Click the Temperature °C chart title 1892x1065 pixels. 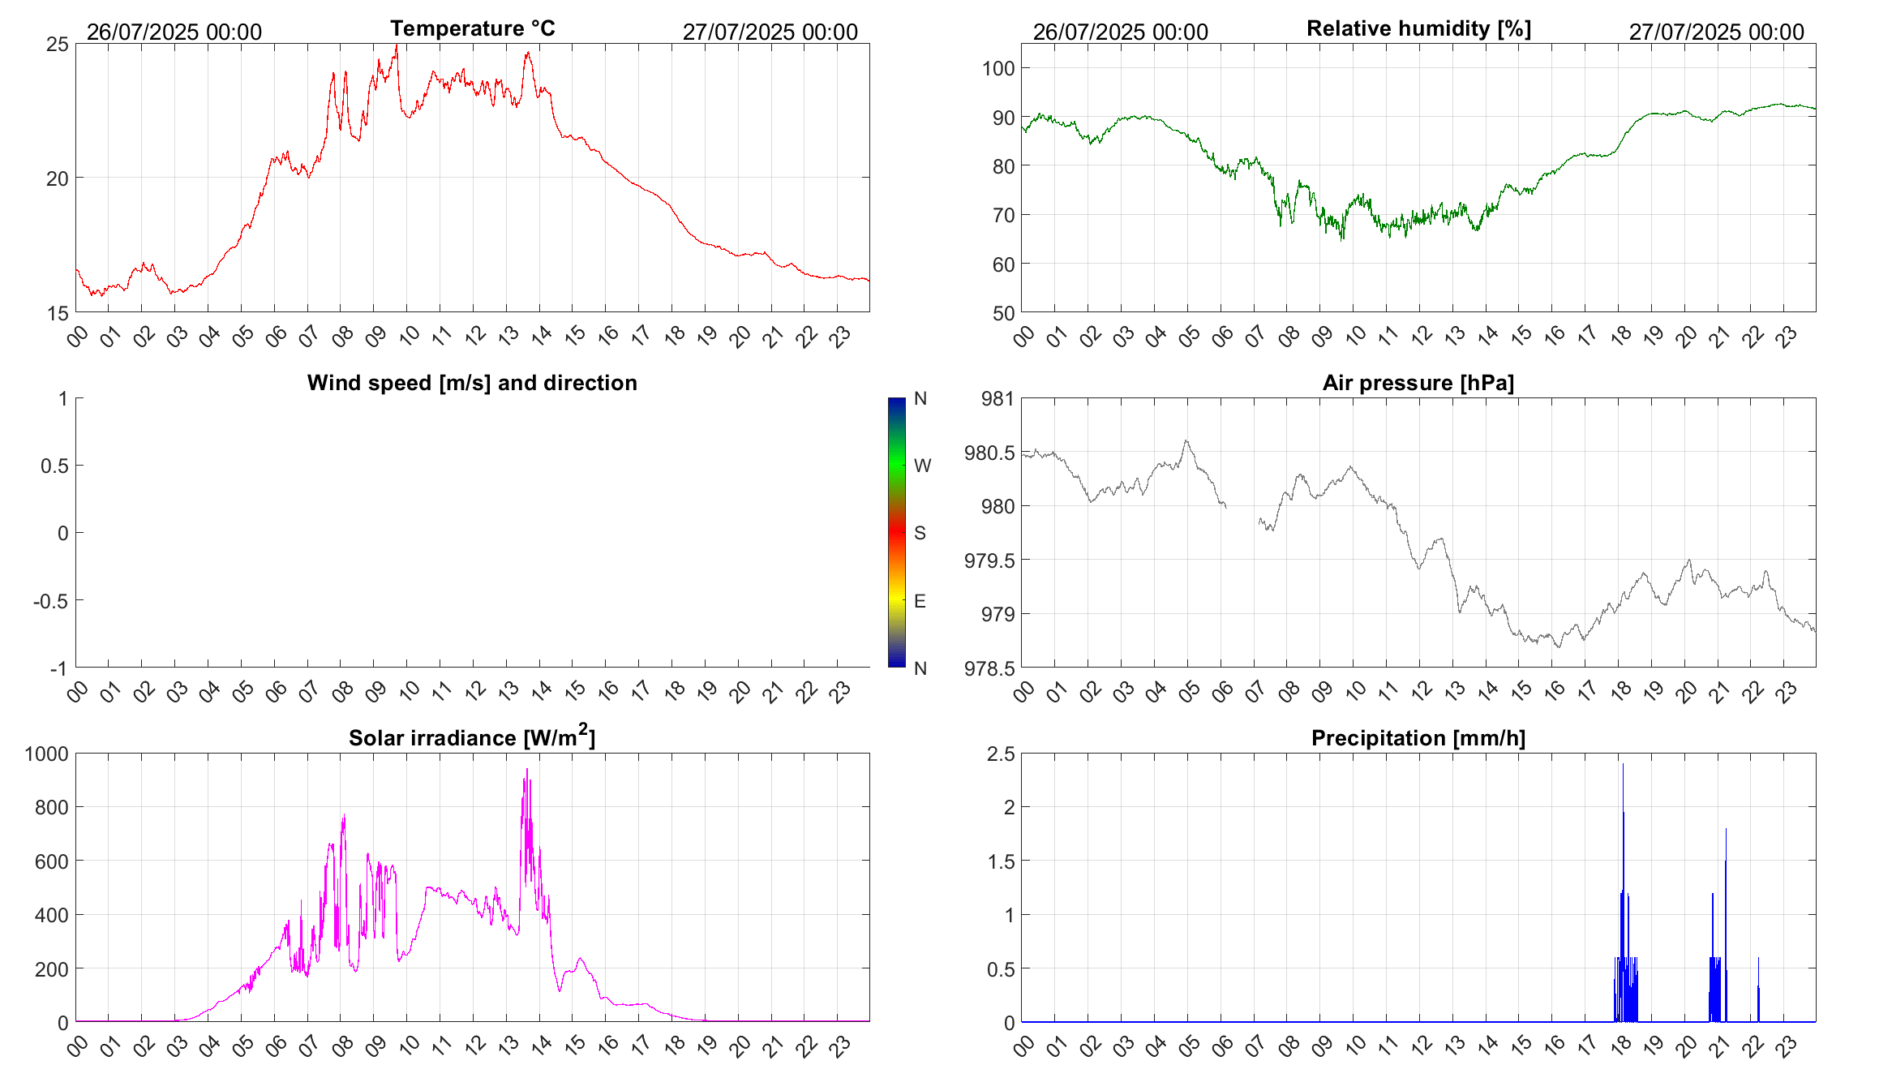472,28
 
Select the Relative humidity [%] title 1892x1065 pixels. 1418,28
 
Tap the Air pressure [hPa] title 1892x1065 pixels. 1418,383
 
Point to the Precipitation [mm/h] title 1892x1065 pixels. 1418,738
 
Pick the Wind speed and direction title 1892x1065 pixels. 472,383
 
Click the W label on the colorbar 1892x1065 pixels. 922,466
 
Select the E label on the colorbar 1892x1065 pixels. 920,601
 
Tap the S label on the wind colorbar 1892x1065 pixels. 920,533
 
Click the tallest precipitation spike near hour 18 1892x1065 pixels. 1623,766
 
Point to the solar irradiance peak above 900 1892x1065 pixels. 527,771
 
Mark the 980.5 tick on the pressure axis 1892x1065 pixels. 989,453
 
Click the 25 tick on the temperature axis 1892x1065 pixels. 58,44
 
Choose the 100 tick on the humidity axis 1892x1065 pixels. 998,68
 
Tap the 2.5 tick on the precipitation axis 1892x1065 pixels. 1000,754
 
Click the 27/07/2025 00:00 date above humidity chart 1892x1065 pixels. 1716,32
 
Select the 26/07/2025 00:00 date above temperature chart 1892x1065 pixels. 174,32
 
